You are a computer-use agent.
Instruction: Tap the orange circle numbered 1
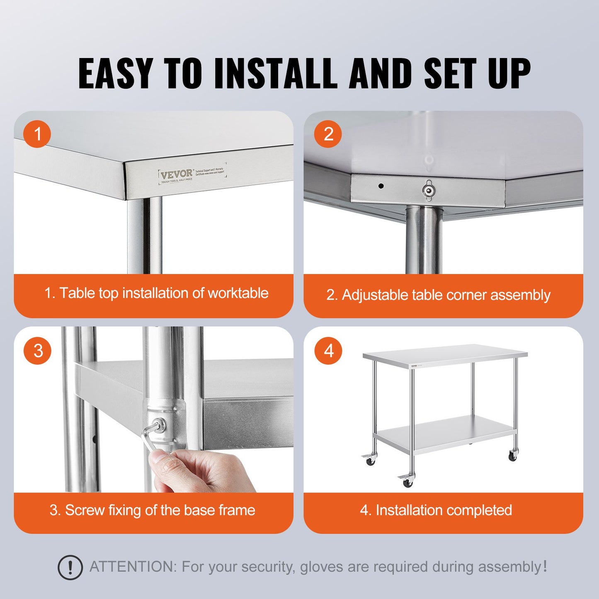[x=37, y=134]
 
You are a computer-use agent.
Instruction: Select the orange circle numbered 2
[x=328, y=134]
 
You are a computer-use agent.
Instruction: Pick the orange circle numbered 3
[x=38, y=351]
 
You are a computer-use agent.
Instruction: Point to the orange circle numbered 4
[x=329, y=351]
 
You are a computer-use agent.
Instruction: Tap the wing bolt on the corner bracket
[x=429, y=190]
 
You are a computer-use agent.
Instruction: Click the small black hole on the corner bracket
[x=381, y=186]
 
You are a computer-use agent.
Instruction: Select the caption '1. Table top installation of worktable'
[x=156, y=293]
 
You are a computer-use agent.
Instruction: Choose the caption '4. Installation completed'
[x=436, y=510]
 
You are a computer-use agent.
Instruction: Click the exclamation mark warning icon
[x=70, y=567]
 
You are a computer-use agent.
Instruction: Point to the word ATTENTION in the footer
[x=133, y=567]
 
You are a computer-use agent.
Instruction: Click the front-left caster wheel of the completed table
[x=407, y=482]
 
